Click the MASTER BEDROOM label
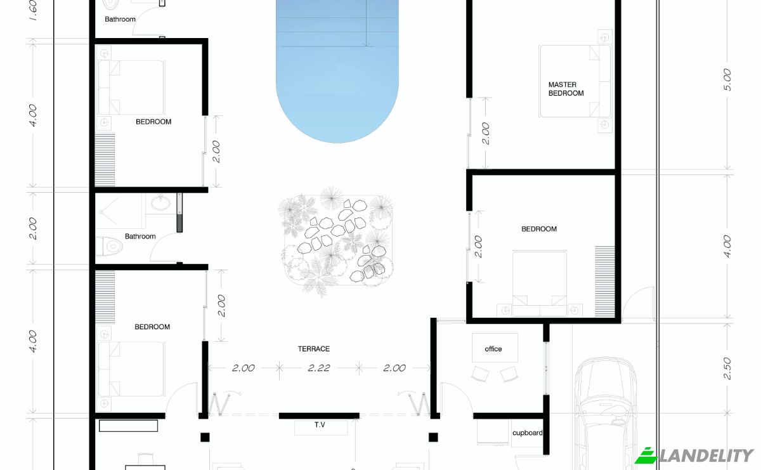pyautogui.click(x=566, y=89)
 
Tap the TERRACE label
pyautogui.click(x=313, y=349)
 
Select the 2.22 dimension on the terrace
pyautogui.click(x=318, y=368)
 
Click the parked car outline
pyautogui.click(x=606, y=413)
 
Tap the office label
pyautogui.click(x=493, y=349)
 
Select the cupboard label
pyautogui.click(x=527, y=433)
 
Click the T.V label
pyautogui.click(x=320, y=424)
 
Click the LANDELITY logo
pyautogui.click(x=694, y=455)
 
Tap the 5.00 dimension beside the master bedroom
pyautogui.click(x=727, y=80)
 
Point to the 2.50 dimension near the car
pyautogui.click(x=727, y=369)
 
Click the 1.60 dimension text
pyautogui.click(x=33, y=10)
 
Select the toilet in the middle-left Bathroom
pyautogui.click(x=108, y=246)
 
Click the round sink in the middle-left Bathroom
pyautogui.click(x=160, y=203)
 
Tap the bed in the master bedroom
pyautogui.click(x=575, y=81)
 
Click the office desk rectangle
pyautogui.click(x=495, y=348)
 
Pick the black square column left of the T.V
pyautogui.click(x=205, y=437)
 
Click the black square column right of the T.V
pyautogui.click(x=433, y=437)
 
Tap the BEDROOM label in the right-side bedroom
pyautogui.click(x=539, y=229)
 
